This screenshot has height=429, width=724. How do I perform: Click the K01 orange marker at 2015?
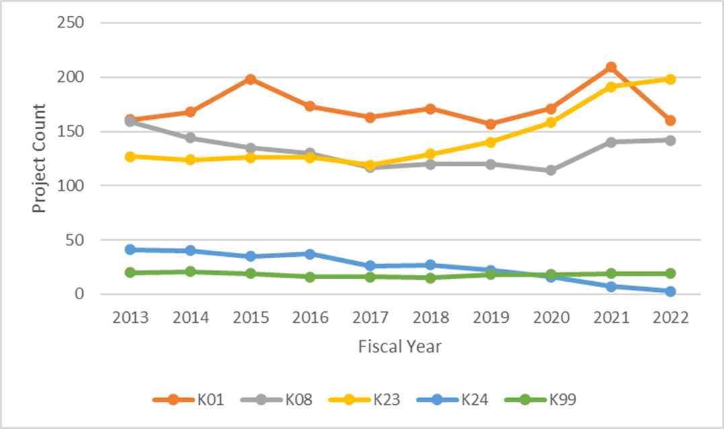250,79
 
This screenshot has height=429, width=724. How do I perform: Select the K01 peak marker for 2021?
611,67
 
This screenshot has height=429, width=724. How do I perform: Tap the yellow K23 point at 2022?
670,79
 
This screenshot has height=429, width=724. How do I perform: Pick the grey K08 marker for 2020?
550,170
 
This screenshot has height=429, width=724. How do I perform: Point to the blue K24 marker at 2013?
131,249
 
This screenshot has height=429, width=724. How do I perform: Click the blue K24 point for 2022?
670,291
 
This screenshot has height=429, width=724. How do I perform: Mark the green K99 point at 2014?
190,272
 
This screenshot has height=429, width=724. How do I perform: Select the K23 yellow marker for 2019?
491,142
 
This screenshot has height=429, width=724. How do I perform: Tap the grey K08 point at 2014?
190,138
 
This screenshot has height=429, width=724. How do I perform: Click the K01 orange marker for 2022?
670,120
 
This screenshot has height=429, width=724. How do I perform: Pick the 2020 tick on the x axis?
550,317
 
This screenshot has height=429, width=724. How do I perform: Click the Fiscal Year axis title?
400,347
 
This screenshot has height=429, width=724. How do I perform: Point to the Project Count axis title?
40,159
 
